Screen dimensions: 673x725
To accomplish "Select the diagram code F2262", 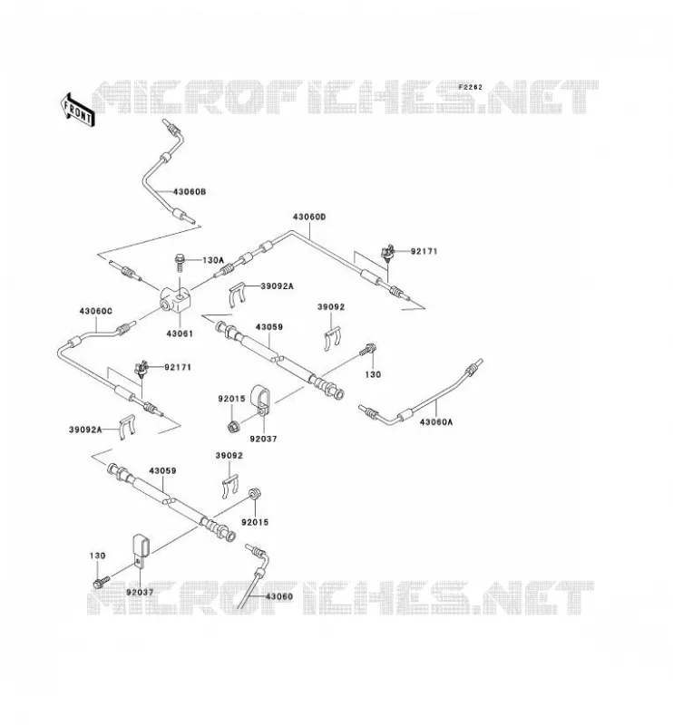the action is click(x=470, y=87).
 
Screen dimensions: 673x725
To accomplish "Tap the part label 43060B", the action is click(x=190, y=191).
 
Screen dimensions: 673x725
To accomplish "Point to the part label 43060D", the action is click(x=309, y=217).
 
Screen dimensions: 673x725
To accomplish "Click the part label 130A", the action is click(x=213, y=260).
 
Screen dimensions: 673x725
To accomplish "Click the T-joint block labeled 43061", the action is click(x=175, y=299).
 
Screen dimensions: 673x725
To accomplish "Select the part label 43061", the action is click(x=180, y=333).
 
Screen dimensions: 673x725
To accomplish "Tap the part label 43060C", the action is click(x=96, y=311).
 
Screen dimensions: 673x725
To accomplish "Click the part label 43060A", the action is click(x=436, y=421).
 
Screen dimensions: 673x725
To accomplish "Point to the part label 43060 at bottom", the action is click(x=278, y=596).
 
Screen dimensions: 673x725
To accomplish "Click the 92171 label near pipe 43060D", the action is click(x=424, y=252).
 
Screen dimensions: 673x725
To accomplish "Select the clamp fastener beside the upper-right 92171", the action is click(x=387, y=253).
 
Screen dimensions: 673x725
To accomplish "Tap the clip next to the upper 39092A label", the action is click(x=238, y=295).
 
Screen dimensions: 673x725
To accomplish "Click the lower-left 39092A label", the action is click(x=85, y=430).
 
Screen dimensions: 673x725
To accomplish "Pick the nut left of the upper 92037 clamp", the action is click(x=233, y=425).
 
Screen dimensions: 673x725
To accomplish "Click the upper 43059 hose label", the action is click(x=268, y=327).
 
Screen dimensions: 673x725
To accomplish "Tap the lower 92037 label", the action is click(x=140, y=592).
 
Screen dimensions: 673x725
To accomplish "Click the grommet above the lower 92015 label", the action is click(x=254, y=493).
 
